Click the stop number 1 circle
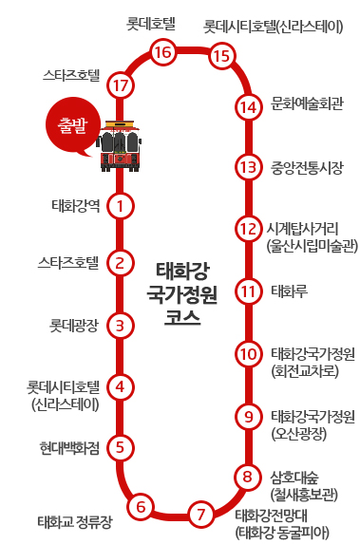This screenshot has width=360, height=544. pos(120,204)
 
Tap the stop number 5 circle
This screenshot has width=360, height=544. pos(120,446)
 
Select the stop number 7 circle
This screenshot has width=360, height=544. pos(200,515)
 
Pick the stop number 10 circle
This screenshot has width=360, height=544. pos(248,354)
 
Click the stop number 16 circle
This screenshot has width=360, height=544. pos(162,52)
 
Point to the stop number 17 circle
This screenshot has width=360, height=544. pos(120,86)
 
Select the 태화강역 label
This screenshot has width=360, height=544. pos(77,204)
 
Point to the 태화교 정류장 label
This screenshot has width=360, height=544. pos(75,521)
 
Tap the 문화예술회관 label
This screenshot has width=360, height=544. pos(307,103)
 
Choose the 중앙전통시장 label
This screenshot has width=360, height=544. pos(307,168)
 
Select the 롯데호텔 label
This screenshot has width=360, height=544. pos(153,21)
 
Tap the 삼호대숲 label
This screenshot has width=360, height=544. pos(296,474)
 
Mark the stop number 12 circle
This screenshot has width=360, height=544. pos(248,229)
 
